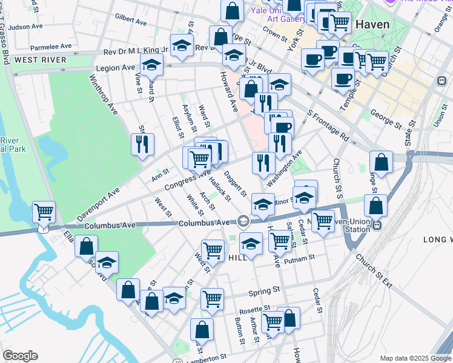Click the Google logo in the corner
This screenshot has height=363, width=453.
[20, 356]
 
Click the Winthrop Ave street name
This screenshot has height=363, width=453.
[103, 95]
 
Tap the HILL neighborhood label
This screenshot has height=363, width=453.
[238, 258]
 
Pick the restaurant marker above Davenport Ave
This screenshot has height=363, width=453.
[142, 145]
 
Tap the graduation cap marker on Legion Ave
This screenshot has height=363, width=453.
[152, 64]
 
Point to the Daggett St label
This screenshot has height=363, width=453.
[235, 183]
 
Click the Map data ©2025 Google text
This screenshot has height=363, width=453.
[415, 358]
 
